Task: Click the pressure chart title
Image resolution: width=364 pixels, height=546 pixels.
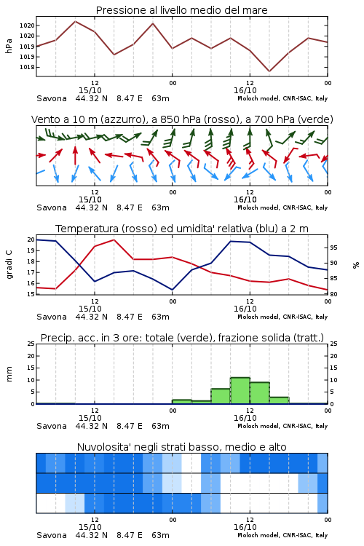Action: coord(181,10)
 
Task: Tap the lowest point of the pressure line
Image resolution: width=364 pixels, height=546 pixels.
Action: coord(269,71)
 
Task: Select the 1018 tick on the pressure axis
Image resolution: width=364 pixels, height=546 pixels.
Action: coord(27,67)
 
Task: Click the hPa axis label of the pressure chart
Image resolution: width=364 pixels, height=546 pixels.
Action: coord(9,46)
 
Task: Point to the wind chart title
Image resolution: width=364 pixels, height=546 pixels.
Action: coord(182,119)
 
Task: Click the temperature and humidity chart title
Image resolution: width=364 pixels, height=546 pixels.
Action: coord(182,229)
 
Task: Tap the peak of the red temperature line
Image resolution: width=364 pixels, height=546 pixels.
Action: coord(114,240)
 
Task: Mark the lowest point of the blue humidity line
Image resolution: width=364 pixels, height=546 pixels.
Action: coord(172,290)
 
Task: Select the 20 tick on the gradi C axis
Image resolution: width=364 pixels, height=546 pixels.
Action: coord(31,240)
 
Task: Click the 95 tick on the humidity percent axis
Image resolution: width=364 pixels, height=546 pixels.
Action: coord(333,248)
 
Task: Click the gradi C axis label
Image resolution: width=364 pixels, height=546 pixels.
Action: coord(9,264)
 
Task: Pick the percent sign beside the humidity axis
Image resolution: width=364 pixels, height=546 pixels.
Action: coord(356,265)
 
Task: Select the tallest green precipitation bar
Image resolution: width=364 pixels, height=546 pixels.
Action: coord(240,391)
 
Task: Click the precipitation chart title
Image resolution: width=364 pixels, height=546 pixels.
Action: coord(182,338)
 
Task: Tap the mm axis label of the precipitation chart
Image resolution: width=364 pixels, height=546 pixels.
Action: coord(9,374)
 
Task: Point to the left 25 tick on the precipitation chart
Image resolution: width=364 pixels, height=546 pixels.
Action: coord(31,344)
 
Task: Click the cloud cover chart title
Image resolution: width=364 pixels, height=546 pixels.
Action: coord(182,447)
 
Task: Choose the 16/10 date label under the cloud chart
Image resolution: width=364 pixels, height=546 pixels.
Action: coord(245,527)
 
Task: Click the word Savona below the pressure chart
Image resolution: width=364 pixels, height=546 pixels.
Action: coord(52,98)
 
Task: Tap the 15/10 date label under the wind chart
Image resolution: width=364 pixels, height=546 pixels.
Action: coord(90,199)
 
